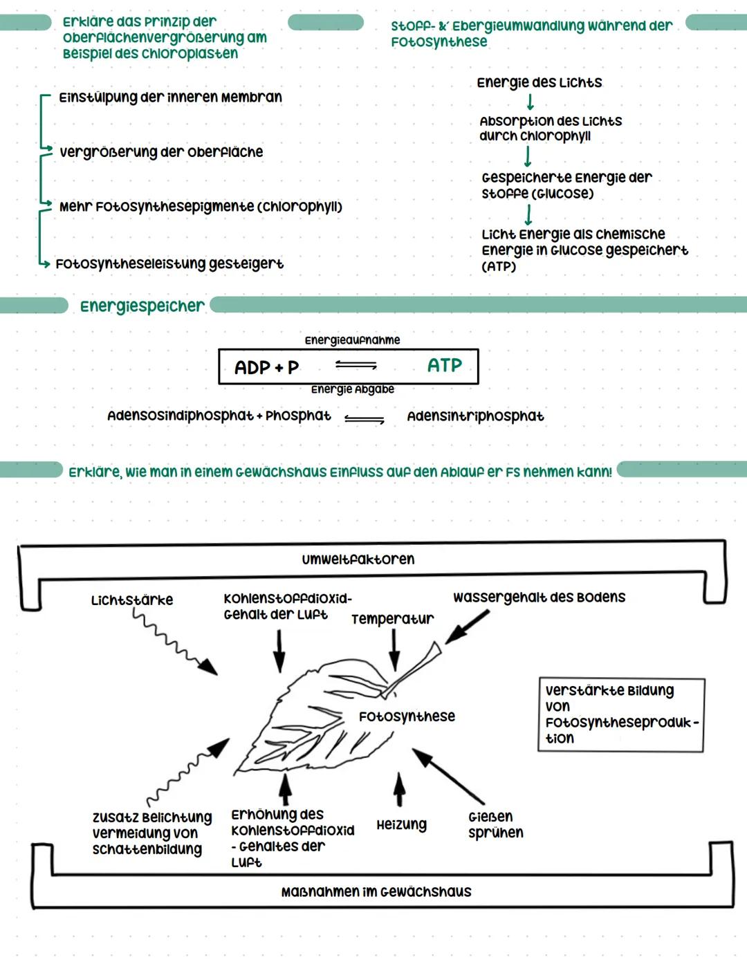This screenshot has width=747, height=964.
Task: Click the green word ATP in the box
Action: pos(444,365)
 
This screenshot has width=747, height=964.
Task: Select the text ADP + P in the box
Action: pos(266,367)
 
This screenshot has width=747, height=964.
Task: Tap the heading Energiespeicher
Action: pos(142,306)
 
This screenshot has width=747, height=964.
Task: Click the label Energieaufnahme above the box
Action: pos(352,340)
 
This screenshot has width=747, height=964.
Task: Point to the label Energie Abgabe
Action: pos(352,389)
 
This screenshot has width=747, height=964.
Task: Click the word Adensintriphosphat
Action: pos(475,416)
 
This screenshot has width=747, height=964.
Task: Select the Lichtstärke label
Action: pos(132,600)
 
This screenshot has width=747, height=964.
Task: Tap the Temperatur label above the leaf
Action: pos(392,619)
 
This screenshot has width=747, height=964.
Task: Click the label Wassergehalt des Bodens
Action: pos(539,597)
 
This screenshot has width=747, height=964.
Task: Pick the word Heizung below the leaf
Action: pos(401,824)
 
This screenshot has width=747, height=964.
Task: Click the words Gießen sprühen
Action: pos(495,824)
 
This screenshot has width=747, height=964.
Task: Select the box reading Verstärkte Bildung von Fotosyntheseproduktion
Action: pos(620,714)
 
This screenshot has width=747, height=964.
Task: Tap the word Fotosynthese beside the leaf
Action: pos(407,716)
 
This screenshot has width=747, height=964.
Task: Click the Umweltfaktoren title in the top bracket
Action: pos(358,559)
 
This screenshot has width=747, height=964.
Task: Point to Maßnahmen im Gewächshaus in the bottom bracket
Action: pos(376,892)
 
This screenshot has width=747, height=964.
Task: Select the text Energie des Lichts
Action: pos(539,83)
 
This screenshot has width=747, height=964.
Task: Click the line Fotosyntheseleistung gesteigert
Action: pos(169,264)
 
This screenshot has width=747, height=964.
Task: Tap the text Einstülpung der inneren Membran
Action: pos(170,98)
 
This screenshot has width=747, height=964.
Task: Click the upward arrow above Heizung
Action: pos(399,789)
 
